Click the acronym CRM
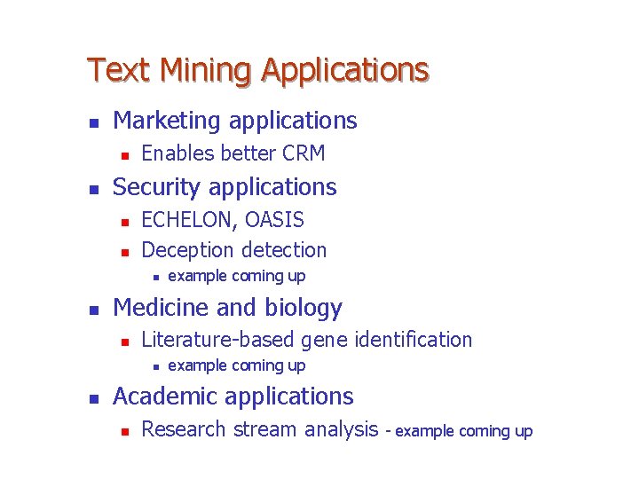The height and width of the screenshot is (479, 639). click(304, 153)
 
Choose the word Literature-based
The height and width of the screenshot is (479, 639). click(218, 339)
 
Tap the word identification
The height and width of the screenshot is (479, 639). click(413, 339)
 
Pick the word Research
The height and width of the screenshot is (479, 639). click(184, 429)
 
